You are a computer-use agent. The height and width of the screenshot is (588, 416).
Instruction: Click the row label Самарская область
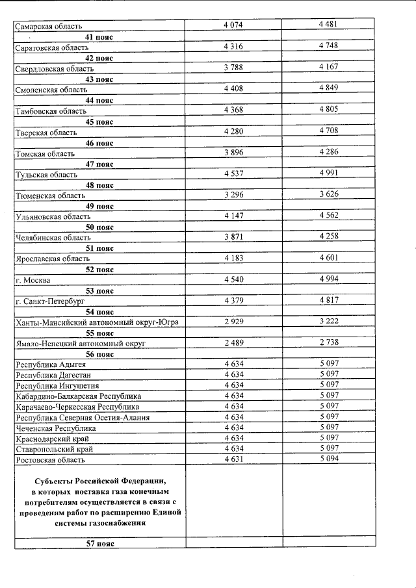[49, 27]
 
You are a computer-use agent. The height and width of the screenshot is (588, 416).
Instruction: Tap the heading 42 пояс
[99, 58]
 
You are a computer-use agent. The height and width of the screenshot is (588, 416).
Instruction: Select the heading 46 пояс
[99, 142]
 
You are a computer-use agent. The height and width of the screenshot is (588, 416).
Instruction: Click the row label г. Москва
[32, 280]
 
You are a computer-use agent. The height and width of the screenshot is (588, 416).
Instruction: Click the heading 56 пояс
[99, 354]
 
